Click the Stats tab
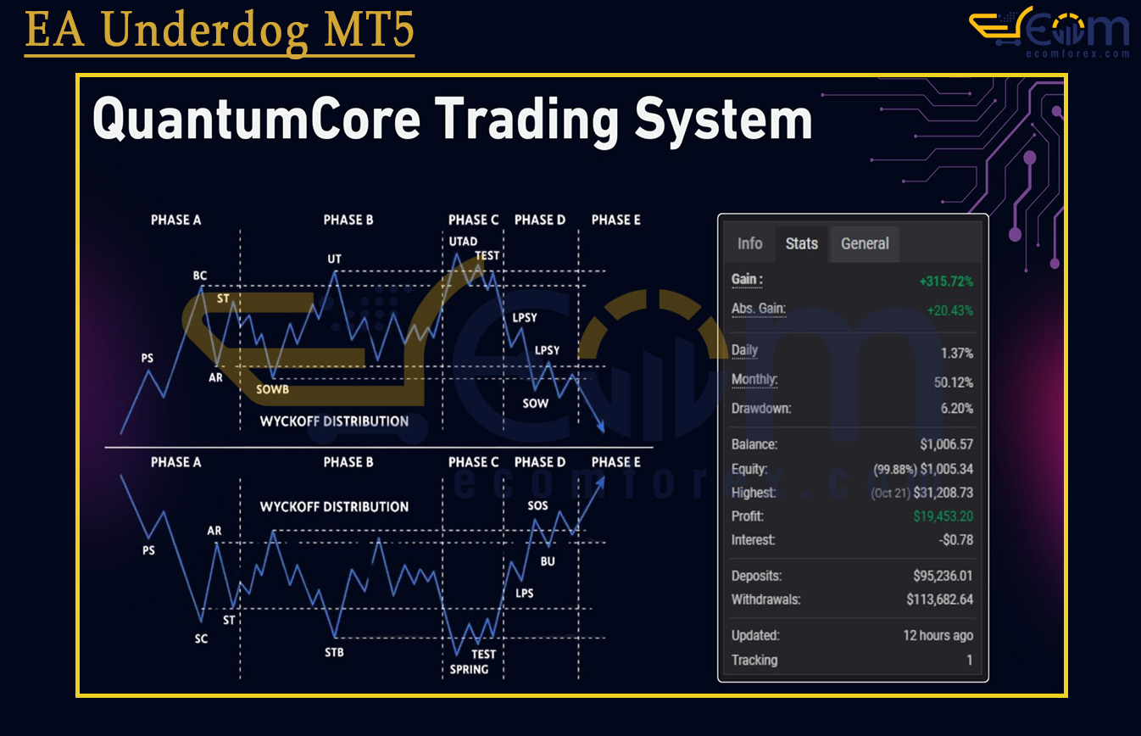[x=802, y=244]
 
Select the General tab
[x=865, y=244]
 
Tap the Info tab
[x=750, y=244]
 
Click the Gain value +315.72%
[x=946, y=282]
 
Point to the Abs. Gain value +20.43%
[x=949, y=310]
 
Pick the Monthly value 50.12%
[x=953, y=382]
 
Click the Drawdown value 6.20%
[x=956, y=408]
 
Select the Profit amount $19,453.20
[x=943, y=516]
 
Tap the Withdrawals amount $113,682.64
[x=940, y=599]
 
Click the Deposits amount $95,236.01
[x=943, y=576]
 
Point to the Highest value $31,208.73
[x=943, y=493]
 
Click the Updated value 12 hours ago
[x=938, y=635]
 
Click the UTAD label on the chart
[x=463, y=242]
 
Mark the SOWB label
[x=272, y=390]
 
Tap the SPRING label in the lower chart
[x=469, y=669]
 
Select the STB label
[x=334, y=652]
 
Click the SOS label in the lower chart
[x=538, y=505]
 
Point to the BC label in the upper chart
[x=200, y=276]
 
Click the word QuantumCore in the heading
[x=257, y=120]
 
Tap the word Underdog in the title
[x=205, y=31]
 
